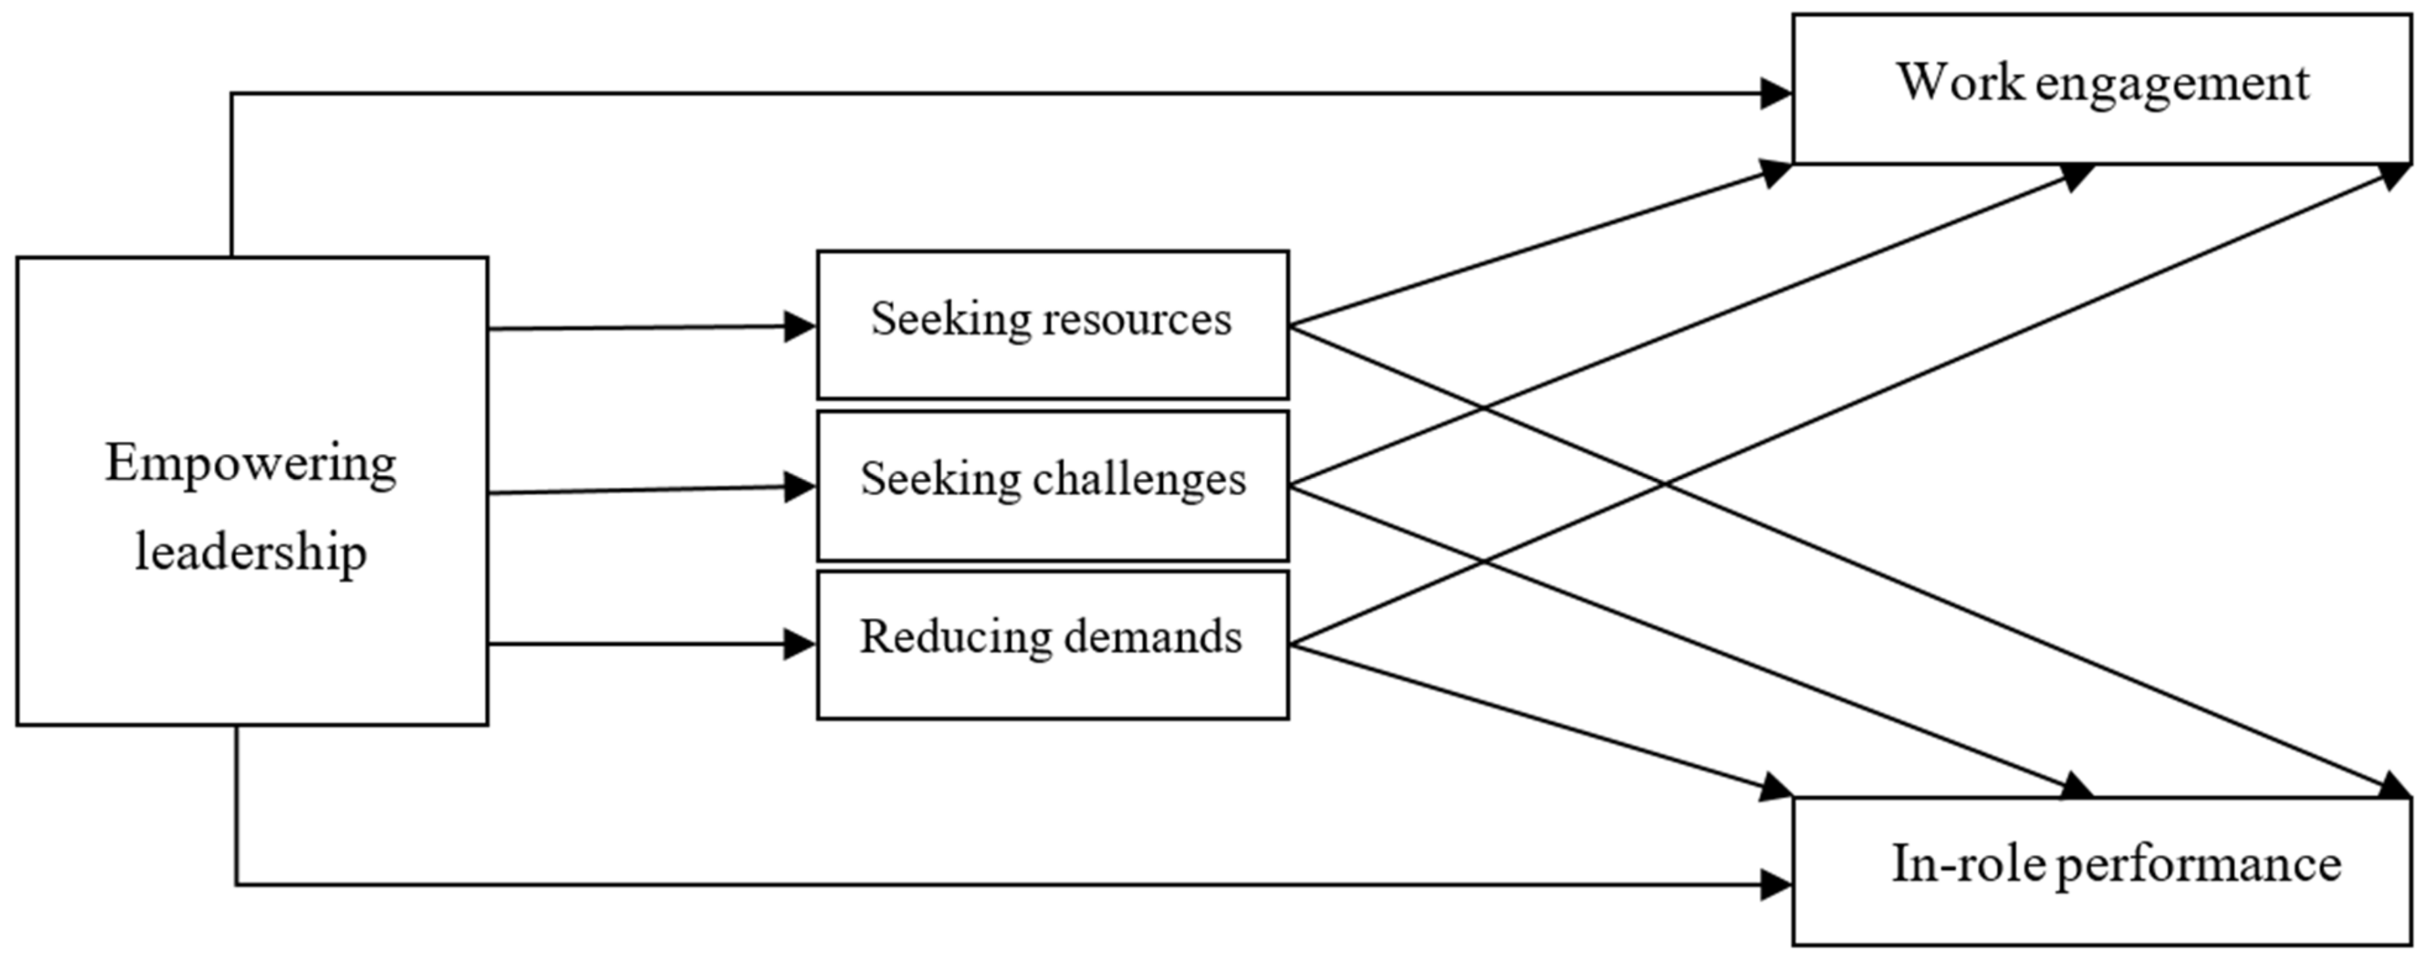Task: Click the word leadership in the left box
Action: coord(250,551)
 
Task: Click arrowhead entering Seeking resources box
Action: coord(800,327)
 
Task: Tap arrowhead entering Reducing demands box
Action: coord(800,644)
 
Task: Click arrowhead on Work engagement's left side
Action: coord(1776,93)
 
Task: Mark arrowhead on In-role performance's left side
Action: coord(1776,885)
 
